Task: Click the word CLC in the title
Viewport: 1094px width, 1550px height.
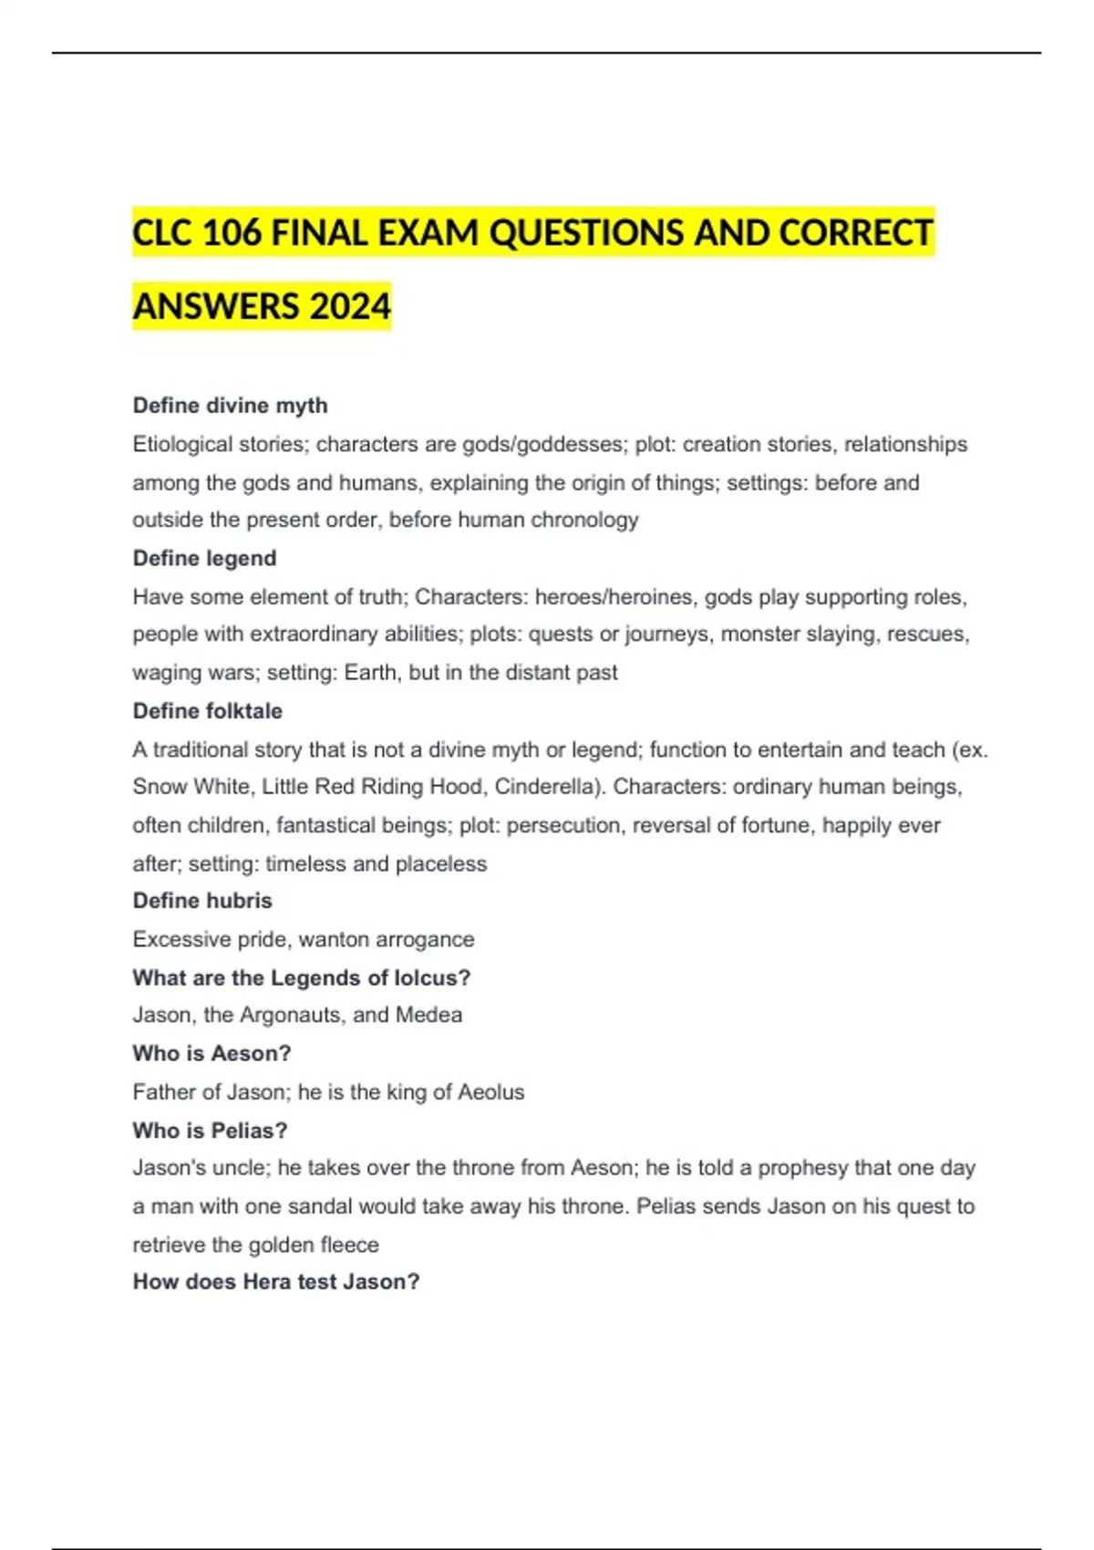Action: point(161,233)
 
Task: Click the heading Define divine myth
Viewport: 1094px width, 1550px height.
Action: point(230,406)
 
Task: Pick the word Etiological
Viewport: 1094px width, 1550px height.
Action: point(182,445)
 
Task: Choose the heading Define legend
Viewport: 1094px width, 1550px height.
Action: point(204,558)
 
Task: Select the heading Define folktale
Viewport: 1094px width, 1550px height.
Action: point(207,711)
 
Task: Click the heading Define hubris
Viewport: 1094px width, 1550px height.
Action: point(202,901)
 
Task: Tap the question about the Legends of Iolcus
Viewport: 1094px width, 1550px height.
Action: point(301,978)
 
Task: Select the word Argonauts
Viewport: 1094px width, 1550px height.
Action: point(292,1016)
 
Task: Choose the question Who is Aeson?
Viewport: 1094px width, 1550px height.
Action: point(212,1054)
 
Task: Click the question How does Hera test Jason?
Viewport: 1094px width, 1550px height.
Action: point(276,1282)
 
